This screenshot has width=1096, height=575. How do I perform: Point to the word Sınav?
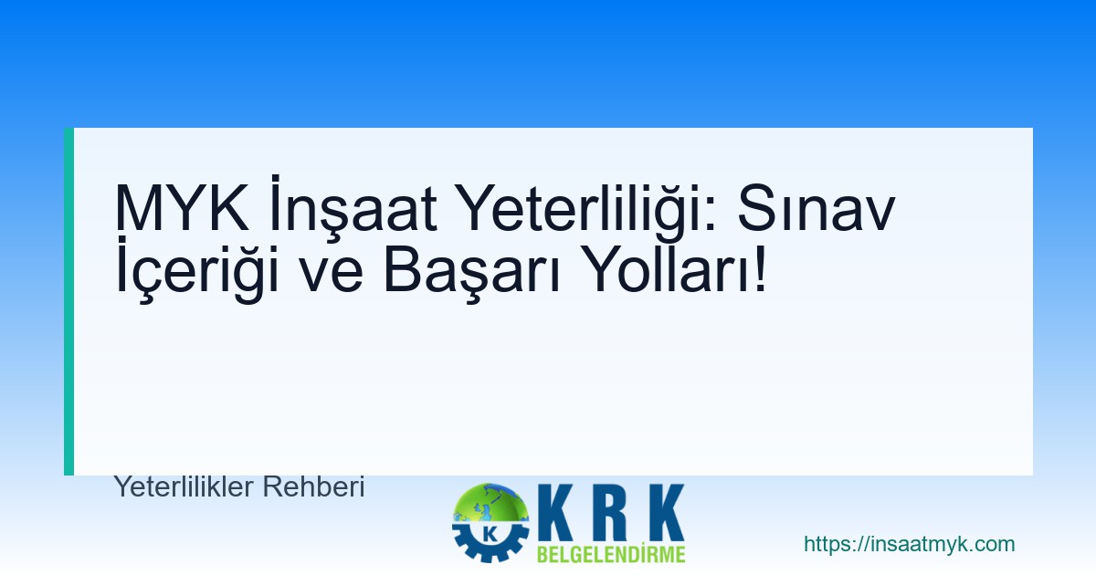816,209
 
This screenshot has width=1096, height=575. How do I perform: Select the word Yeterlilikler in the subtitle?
184,487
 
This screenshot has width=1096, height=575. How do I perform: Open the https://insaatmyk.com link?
909,545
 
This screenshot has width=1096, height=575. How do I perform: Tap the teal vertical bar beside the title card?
68,301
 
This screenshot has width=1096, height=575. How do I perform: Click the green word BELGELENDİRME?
611,554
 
